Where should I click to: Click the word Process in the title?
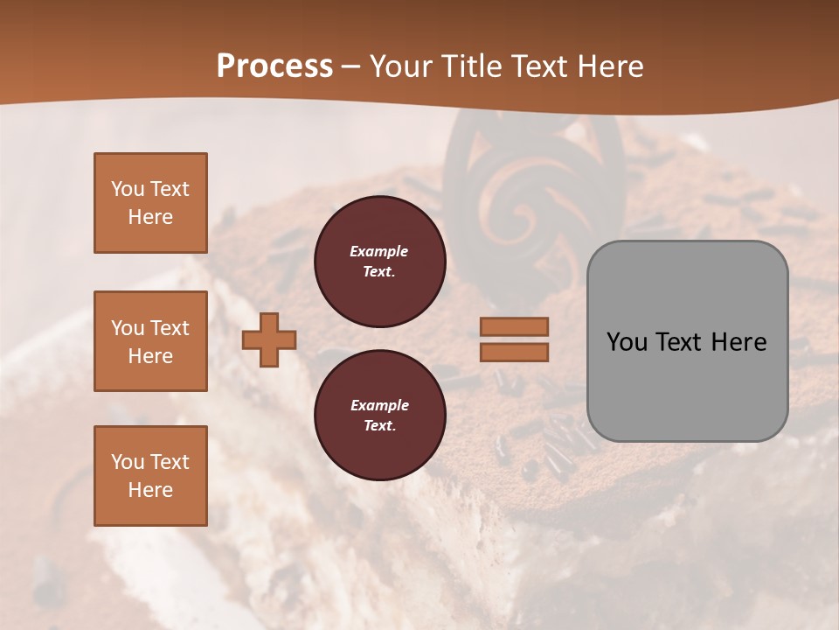(274, 66)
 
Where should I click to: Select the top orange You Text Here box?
(150, 203)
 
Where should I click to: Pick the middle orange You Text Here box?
(150, 341)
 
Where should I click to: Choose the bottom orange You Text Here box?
(150, 475)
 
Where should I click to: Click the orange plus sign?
(268, 339)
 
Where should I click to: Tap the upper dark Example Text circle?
(379, 261)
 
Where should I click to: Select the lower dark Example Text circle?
(379, 415)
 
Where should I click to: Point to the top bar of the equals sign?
(514, 326)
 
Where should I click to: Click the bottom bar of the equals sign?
(514, 352)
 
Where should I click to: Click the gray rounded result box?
(687, 385)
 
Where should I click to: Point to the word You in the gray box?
(626, 342)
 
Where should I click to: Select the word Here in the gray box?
(738, 342)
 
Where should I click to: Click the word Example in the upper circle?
(379, 251)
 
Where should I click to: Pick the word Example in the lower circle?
(379, 405)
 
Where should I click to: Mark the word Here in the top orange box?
(150, 217)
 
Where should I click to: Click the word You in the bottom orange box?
(128, 461)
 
